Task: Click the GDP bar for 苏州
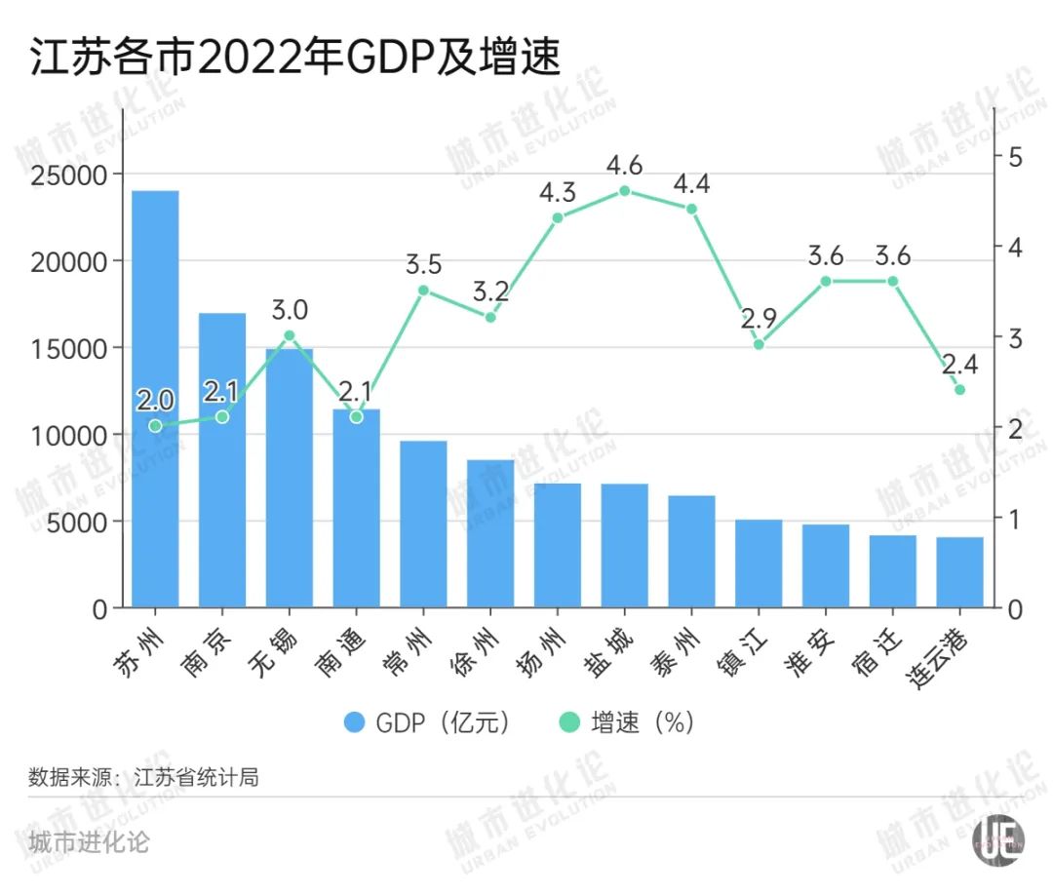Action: pos(155,400)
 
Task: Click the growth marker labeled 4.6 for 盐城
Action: pos(625,191)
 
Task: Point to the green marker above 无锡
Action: pos(290,335)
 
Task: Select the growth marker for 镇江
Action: pos(759,344)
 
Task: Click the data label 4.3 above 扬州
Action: pos(558,192)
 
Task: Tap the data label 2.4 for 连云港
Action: pos(959,365)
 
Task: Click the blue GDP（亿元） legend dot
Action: pos(355,722)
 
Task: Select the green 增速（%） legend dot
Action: pos(569,722)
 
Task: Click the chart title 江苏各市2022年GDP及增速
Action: pos(295,58)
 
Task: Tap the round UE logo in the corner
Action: pos(999,839)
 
